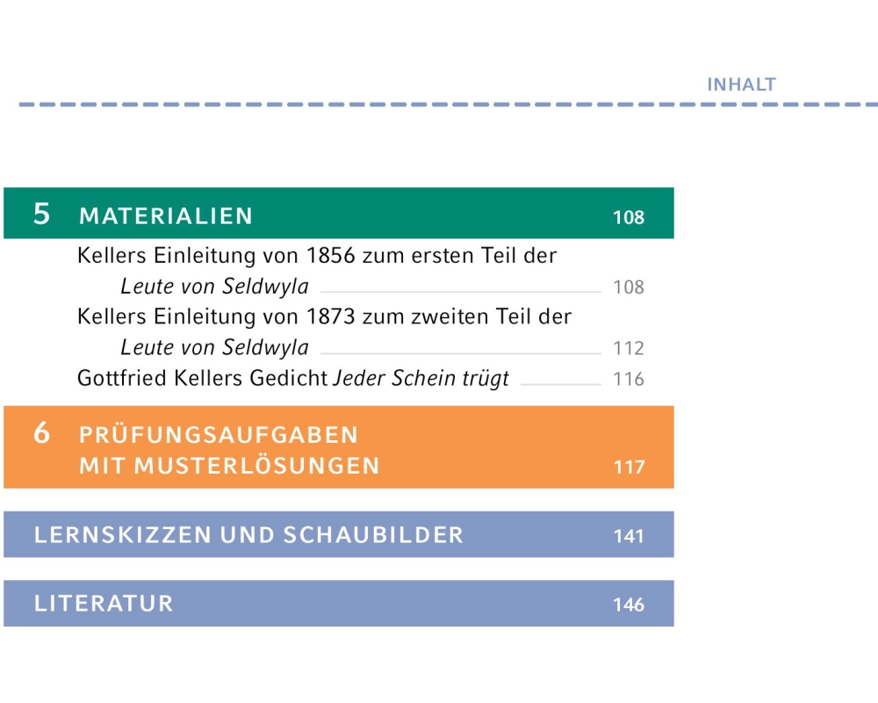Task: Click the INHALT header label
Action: point(741,85)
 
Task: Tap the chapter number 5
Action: point(41,214)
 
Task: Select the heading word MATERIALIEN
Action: point(166,216)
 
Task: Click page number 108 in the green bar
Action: point(628,218)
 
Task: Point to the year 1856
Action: point(333,257)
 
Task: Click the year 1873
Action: point(333,316)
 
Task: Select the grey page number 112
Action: point(628,349)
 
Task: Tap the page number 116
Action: point(628,380)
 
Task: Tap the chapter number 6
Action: point(41,433)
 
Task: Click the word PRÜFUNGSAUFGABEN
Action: point(219,435)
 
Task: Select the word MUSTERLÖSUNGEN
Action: point(256,467)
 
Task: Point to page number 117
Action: point(628,467)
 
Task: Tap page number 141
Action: point(628,536)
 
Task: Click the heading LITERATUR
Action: point(104,604)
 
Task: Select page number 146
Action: point(628,605)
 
